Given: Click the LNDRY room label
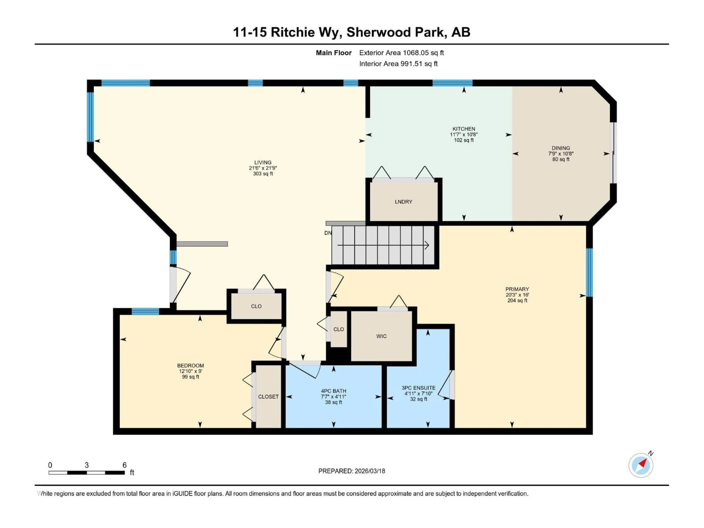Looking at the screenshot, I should [403, 202].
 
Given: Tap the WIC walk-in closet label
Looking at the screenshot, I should [381, 336].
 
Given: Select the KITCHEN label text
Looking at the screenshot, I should [464, 129].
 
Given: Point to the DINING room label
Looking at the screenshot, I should [561, 148].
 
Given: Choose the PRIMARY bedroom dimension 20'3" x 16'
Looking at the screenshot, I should [517, 295].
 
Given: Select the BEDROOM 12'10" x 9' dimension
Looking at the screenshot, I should [190, 371].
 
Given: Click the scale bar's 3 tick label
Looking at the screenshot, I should [87, 465].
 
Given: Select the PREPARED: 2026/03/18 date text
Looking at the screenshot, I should [352, 471].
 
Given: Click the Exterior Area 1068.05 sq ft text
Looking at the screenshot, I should [401, 53].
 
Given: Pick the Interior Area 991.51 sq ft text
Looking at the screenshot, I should [398, 64].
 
